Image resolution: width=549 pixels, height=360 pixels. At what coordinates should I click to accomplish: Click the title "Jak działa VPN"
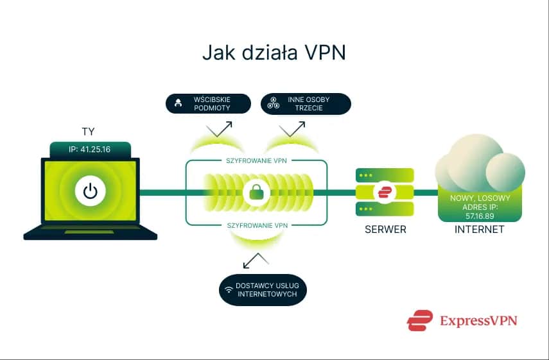coord(274,52)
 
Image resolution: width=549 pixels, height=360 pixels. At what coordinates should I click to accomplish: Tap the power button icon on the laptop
coord(91,191)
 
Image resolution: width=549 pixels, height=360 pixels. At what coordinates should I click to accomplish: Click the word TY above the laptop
coord(89,132)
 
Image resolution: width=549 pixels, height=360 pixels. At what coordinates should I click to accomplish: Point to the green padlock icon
coord(257,191)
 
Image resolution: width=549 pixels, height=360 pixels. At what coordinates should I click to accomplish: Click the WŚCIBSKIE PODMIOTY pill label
coord(207,104)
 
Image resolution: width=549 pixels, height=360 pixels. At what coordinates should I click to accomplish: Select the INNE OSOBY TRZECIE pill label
coord(306,104)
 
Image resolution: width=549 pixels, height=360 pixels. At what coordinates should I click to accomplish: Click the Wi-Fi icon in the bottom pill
coord(229,289)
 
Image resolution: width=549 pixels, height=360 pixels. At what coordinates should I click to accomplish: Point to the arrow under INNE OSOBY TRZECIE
coord(292,130)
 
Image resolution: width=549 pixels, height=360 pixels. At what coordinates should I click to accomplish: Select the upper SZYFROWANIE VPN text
coord(257,160)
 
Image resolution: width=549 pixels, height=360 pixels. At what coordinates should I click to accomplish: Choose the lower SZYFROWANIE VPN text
coord(257,225)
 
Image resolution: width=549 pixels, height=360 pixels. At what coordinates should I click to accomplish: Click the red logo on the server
coord(385,191)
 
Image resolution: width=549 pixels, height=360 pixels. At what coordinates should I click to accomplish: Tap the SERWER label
coord(385,229)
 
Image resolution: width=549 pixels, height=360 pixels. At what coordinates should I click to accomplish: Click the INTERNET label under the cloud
coord(479,229)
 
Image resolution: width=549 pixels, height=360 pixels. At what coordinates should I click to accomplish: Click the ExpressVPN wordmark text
coord(478,320)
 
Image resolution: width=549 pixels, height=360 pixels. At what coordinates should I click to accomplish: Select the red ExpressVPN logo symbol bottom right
coord(420,320)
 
